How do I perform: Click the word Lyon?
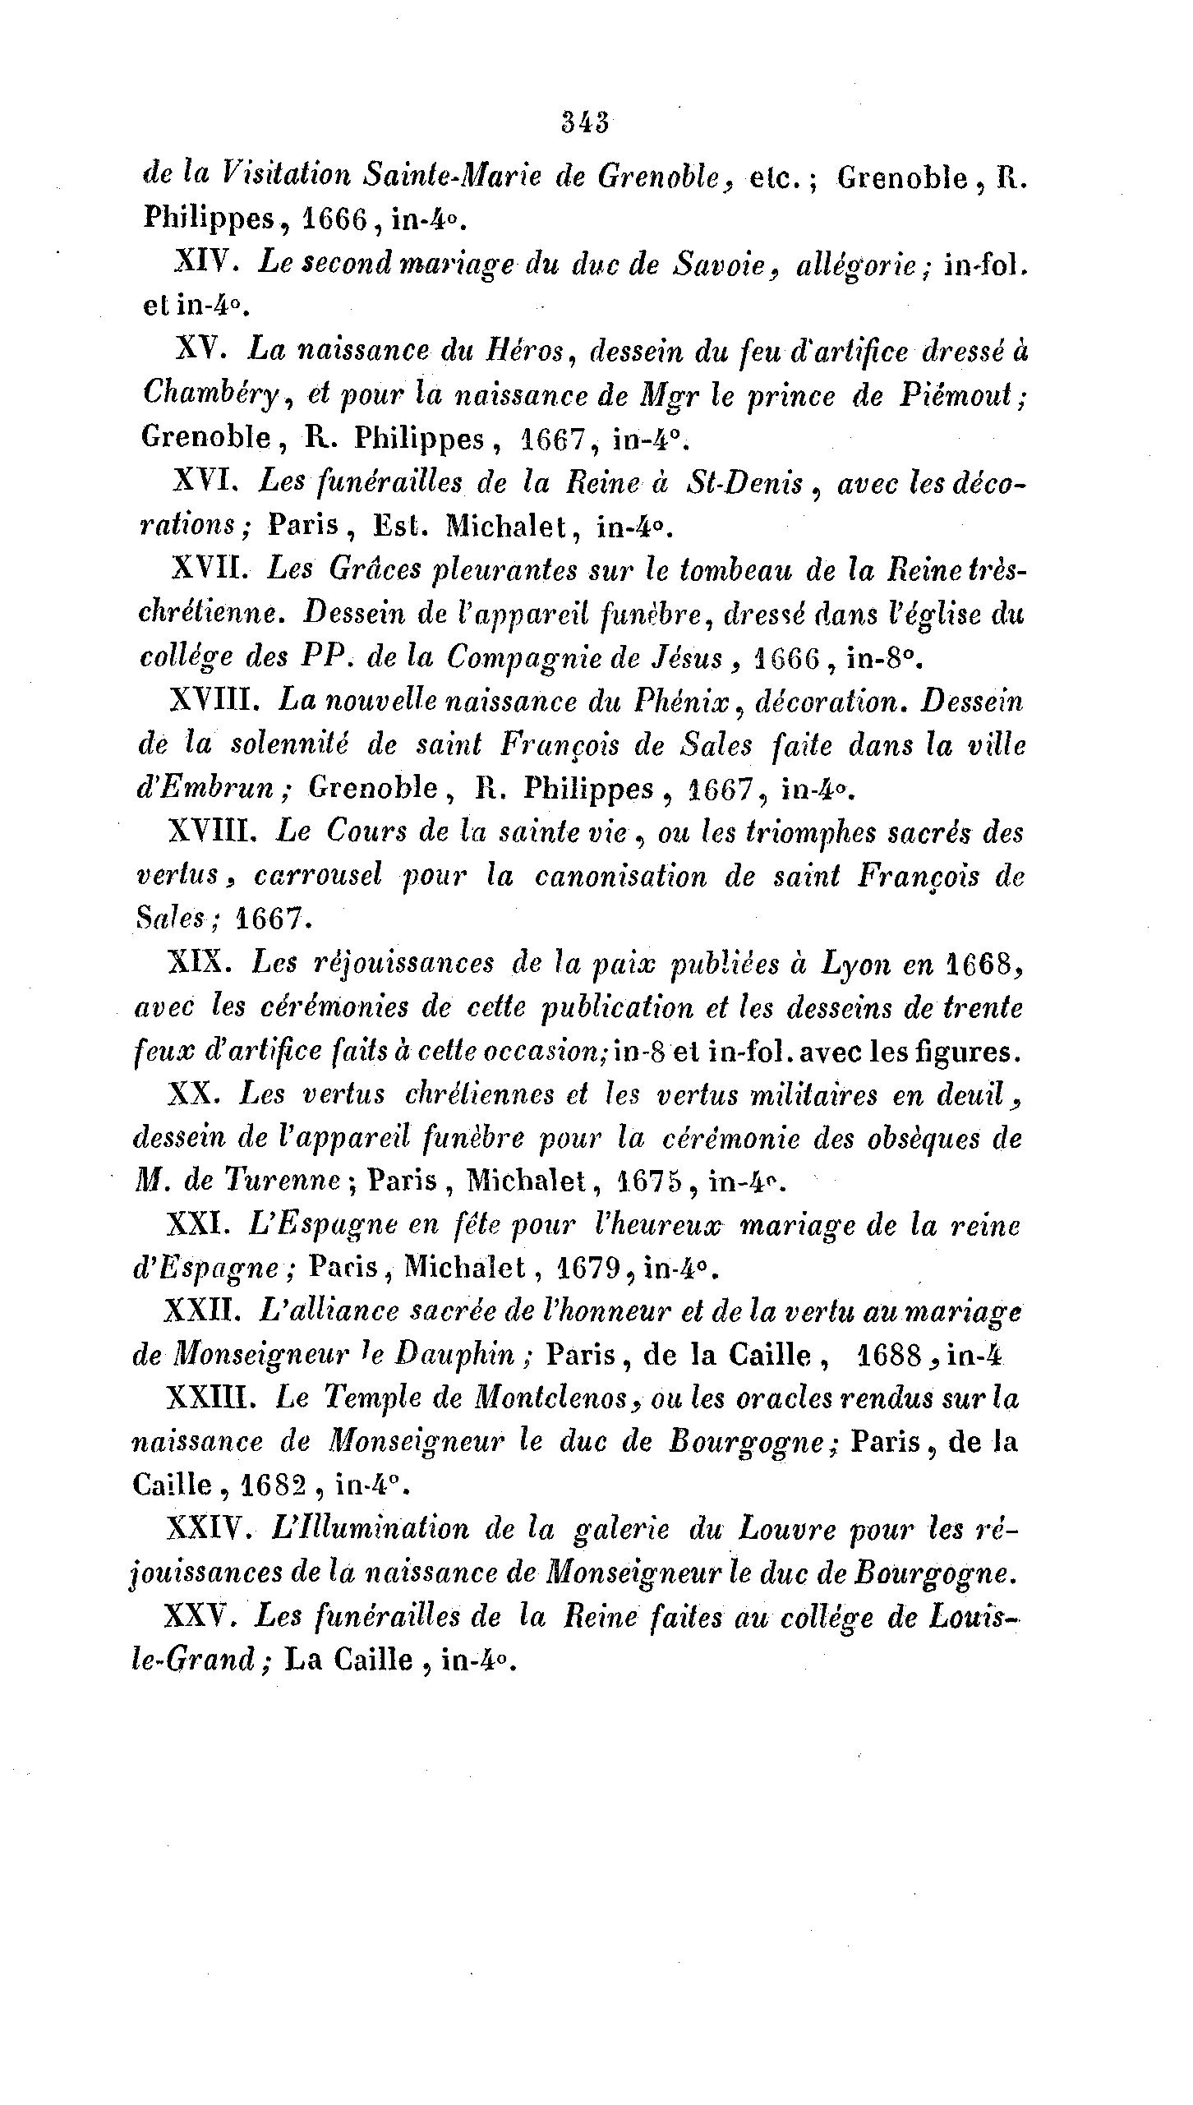click(x=855, y=963)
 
